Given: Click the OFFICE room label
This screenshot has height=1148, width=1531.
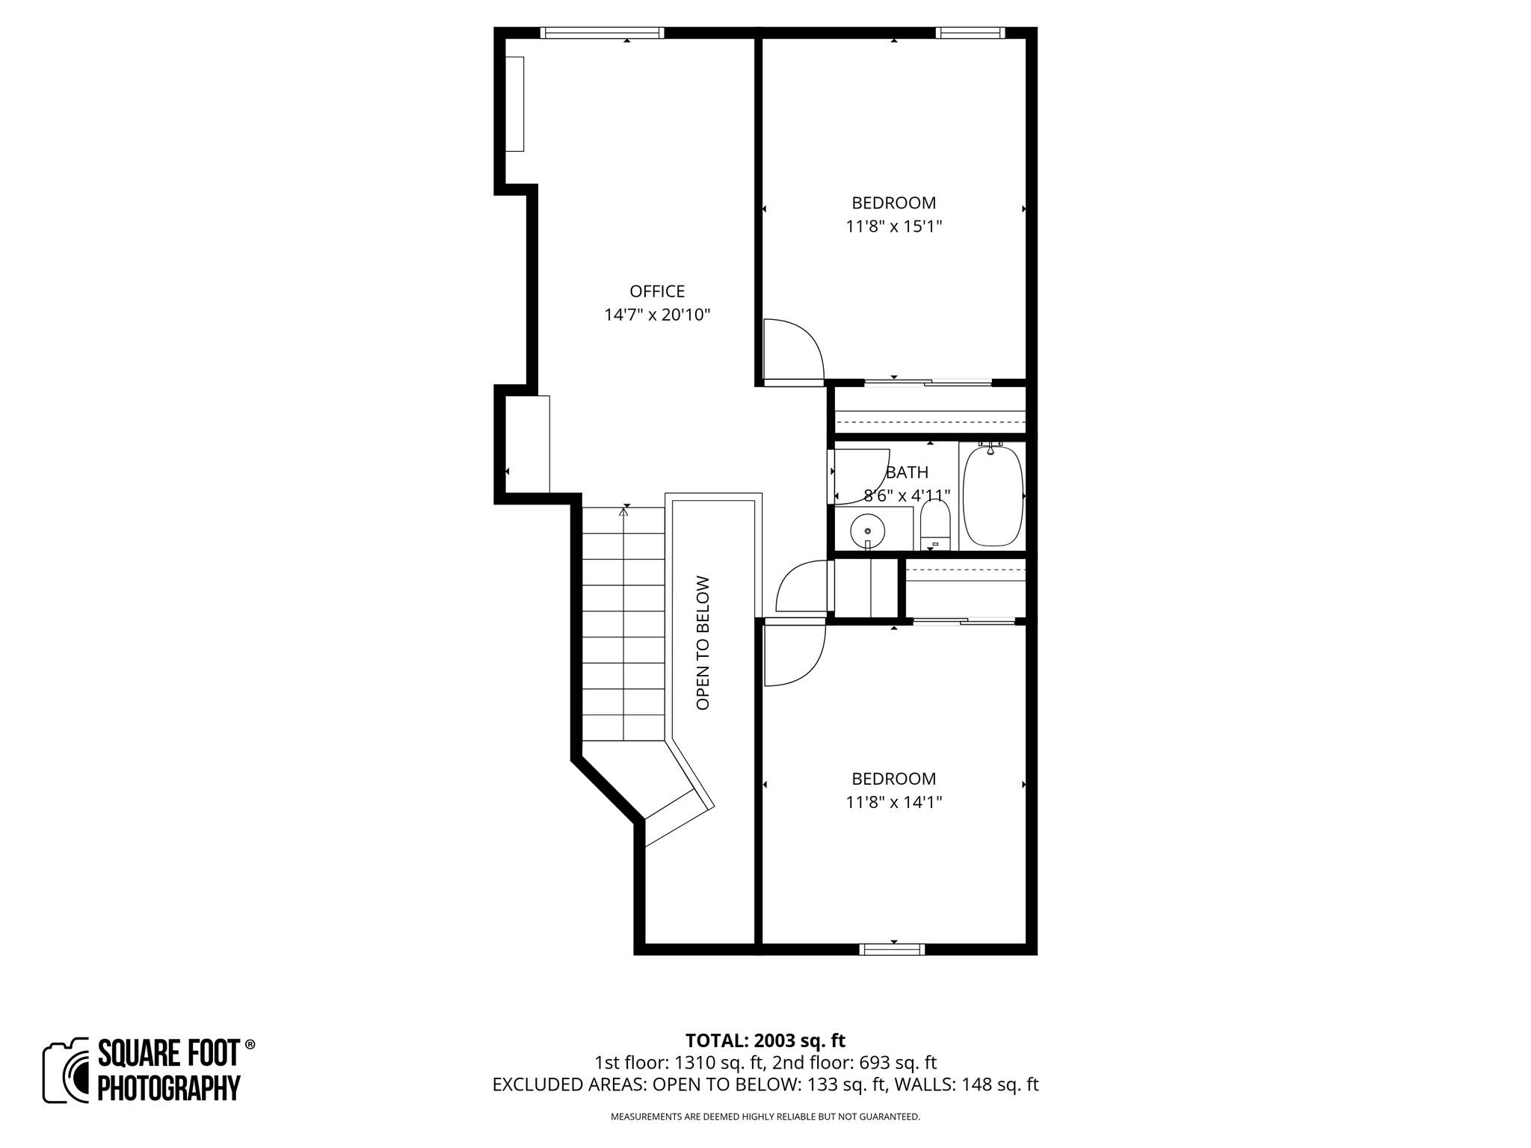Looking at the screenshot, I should click(x=656, y=291).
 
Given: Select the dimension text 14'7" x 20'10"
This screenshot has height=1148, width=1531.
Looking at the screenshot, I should click(x=656, y=315).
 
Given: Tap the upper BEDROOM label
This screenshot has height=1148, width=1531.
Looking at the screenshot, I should click(x=893, y=203).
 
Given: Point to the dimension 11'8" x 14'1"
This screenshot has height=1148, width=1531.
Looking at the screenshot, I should click(x=893, y=802).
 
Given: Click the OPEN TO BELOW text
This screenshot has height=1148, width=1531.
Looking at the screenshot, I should click(x=703, y=642).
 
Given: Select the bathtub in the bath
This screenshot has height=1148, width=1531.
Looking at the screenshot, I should click(x=992, y=495).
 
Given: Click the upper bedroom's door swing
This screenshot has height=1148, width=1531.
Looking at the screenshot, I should click(x=792, y=350).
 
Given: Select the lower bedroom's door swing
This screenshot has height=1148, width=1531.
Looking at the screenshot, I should click(x=792, y=653).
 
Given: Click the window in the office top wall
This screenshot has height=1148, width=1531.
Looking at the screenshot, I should click(x=602, y=32).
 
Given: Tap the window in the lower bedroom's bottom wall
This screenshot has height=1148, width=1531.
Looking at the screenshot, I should click(x=892, y=949).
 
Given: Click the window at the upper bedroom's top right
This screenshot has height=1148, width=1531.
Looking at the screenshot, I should click(x=970, y=32).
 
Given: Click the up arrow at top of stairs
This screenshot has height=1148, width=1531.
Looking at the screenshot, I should click(x=623, y=512).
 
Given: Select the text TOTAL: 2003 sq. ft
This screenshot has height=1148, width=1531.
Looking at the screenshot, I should click(x=765, y=1040).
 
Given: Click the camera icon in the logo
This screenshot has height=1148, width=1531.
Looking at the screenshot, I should click(x=66, y=1070).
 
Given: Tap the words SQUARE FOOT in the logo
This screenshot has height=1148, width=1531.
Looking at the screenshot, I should click(x=169, y=1054).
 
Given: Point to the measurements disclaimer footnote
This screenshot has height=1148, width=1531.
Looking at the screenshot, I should click(x=765, y=1117).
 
